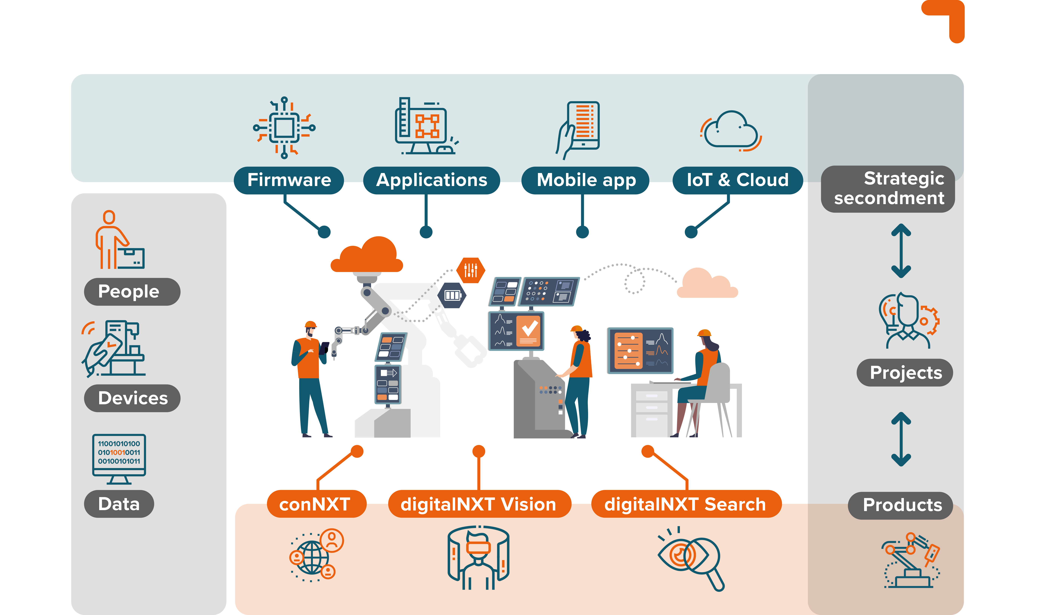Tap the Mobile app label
pos(585,180)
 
